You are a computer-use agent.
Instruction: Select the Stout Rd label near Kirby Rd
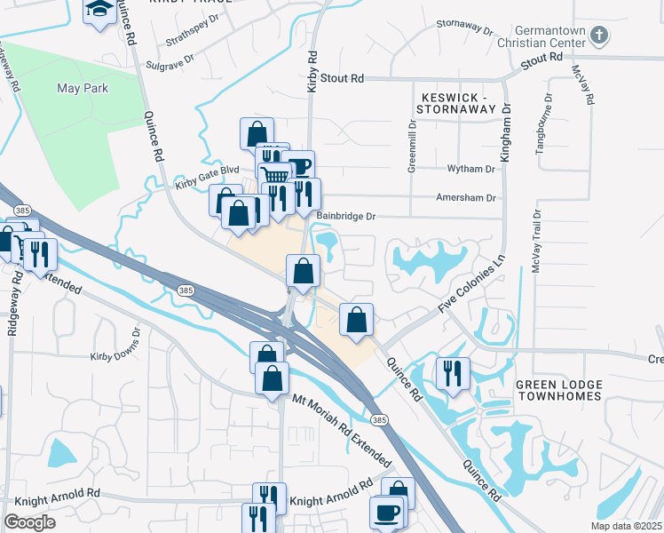(343, 79)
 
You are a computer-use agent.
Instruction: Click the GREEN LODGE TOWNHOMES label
(559, 391)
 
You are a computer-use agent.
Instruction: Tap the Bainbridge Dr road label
(346, 216)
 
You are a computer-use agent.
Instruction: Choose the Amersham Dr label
(464, 199)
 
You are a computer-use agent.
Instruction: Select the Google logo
(29, 522)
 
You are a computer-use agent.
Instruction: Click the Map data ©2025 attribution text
(625, 526)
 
